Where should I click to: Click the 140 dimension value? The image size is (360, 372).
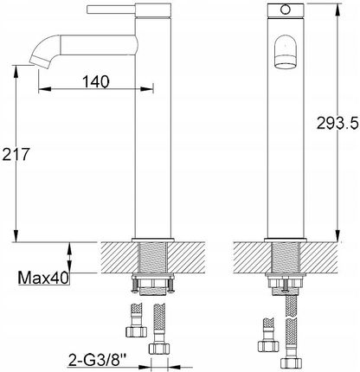point(96,81)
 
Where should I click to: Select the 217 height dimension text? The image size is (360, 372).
point(16,154)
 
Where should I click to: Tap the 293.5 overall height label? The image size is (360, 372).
point(337,123)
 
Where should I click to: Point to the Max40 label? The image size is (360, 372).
point(43,278)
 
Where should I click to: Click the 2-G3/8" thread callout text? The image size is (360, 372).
point(98,360)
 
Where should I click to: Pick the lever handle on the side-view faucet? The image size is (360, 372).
point(111,10)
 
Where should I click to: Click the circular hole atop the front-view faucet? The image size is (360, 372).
point(286,10)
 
